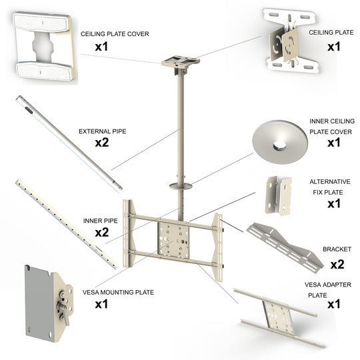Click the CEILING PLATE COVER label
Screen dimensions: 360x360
[x=115, y=33]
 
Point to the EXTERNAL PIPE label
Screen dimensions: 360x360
[x=102, y=131]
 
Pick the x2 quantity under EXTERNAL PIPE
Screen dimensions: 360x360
[x=102, y=143]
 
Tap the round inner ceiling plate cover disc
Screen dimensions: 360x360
[x=278, y=140]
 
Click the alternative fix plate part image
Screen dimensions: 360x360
[x=279, y=194]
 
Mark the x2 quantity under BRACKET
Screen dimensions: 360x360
[x=337, y=263]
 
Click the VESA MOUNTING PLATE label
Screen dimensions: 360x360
[x=118, y=291]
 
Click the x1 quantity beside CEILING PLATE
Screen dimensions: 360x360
[x=333, y=47]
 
